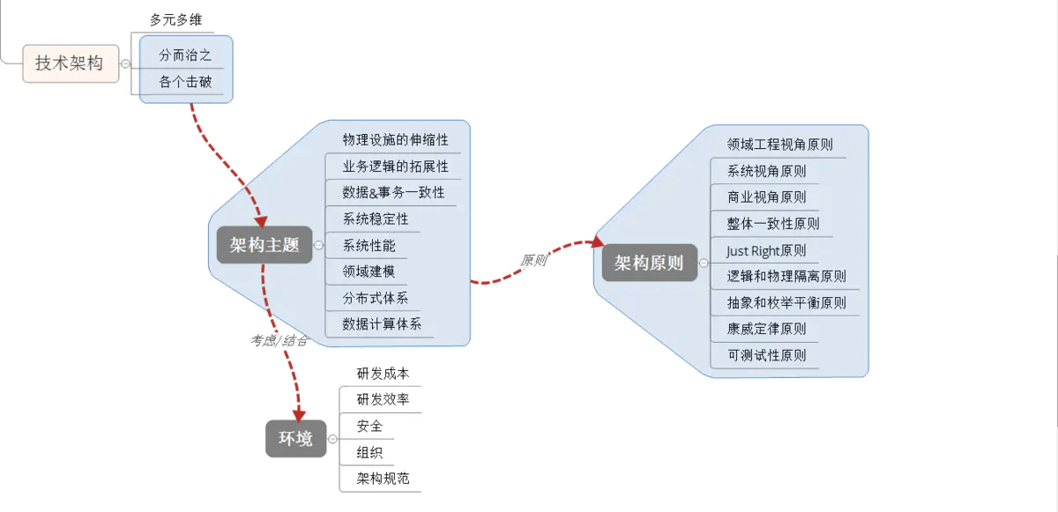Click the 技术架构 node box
70,63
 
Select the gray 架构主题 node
264,245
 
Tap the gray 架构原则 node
649,263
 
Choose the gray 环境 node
295,439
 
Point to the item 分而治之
185,55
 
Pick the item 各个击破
185,83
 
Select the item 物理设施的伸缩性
395,140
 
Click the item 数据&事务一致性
393,192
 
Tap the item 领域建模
369,271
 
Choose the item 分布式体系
376,298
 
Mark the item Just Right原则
766,250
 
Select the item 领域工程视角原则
779,145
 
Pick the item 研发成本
383,374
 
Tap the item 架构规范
383,479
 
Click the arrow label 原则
533,261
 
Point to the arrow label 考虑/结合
279,340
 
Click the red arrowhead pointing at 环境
298,414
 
